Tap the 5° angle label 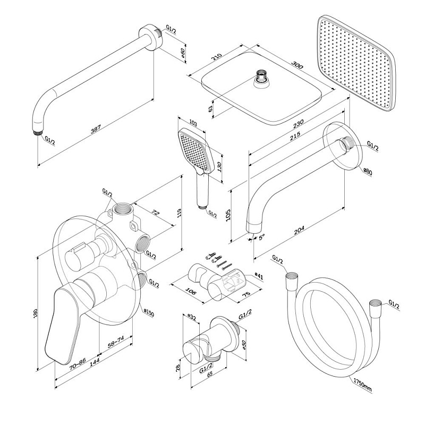pos(261,237)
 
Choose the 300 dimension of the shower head pos(297,65)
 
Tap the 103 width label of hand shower pos(193,124)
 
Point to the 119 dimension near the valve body pos(180,213)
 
